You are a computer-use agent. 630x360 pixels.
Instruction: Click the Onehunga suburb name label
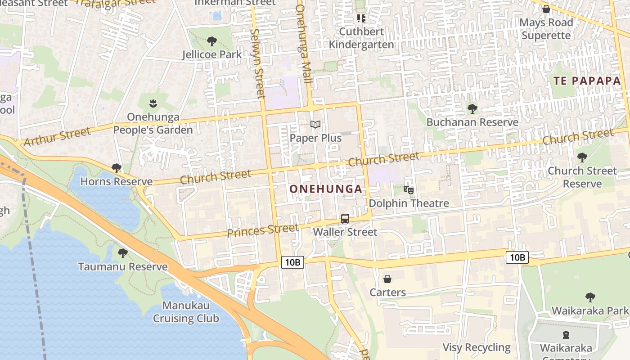pyautogui.click(x=326, y=189)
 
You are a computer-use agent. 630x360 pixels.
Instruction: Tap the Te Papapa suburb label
pyautogui.click(x=587, y=81)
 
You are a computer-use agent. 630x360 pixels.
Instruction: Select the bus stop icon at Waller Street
pyautogui.click(x=345, y=219)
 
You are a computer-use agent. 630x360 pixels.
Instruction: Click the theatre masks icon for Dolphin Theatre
pyautogui.click(x=409, y=190)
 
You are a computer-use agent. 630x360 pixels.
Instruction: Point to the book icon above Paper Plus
pyautogui.click(x=316, y=124)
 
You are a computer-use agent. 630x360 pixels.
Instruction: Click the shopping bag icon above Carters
pyautogui.click(x=387, y=279)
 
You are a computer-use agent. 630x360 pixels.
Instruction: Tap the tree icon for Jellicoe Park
pyautogui.click(x=212, y=42)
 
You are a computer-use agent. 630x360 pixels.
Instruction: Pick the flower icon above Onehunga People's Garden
pyautogui.click(x=153, y=103)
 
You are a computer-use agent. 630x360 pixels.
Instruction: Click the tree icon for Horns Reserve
pyautogui.click(x=117, y=168)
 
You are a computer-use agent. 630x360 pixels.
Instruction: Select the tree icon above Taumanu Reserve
pyautogui.click(x=122, y=253)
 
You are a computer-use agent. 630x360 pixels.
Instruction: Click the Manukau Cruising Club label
pyautogui.click(x=186, y=312)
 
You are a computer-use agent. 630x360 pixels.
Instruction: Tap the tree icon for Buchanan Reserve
pyautogui.click(x=472, y=108)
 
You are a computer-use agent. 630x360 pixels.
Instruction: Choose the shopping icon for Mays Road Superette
pyautogui.click(x=546, y=9)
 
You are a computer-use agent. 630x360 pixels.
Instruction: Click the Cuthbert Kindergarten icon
pyautogui.click(x=361, y=18)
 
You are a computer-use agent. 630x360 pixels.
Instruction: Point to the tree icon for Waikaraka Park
pyautogui.click(x=590, y=297)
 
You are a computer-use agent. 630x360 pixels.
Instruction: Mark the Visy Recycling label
pyautogui.click(x=477, y=347)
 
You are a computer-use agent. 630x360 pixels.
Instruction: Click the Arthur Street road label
pyautogui.click(x=57, y=137)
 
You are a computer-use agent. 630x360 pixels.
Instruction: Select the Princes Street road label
pyautogui.click(x=263, y=231)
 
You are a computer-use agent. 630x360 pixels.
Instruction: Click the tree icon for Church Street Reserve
pyautogui.click(x=582, y=157)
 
